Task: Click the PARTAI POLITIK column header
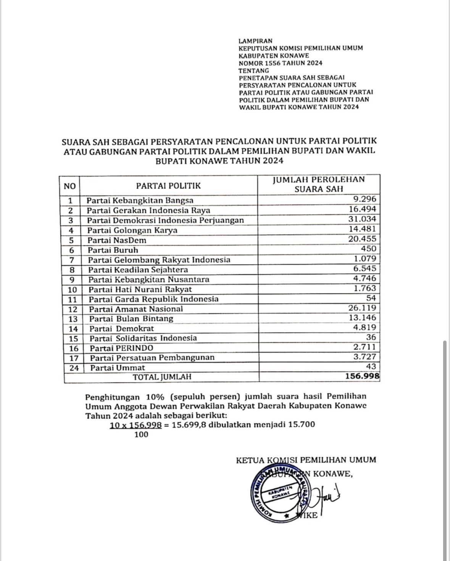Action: click(x=168, y=186)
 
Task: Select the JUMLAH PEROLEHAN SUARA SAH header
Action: click(x=319, y=184)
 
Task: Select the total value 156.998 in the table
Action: click(x=362, y=376)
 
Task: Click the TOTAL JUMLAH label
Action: click(x=161, y=377)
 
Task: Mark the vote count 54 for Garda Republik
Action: click(x=371, y=298)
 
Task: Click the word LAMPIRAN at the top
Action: click(x=255, y=41)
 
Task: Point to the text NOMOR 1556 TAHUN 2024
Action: click(x=280, y=63)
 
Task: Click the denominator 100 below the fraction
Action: click(x=141, y=434)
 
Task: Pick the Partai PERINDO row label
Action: click(x=121, y=348)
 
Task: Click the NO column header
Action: click(x=70, y=186)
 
